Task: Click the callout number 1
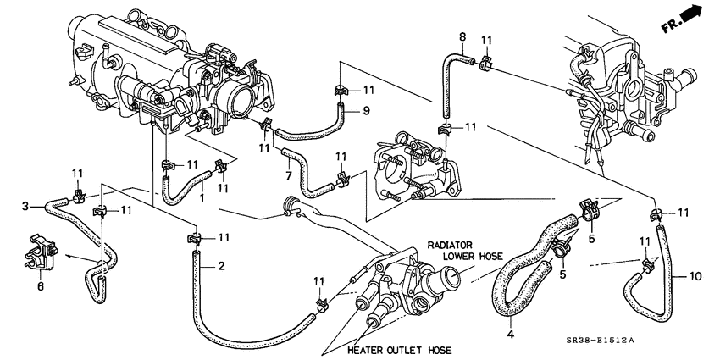[x=202, y=197]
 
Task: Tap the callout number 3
[x=26, y=206]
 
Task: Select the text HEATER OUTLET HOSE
[x=397, y=350]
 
